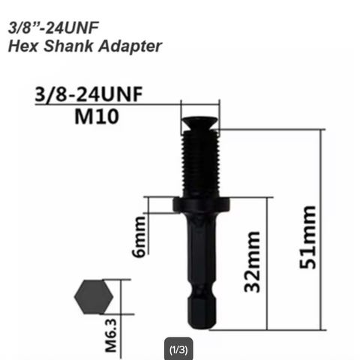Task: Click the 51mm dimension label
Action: (x=308, y=237)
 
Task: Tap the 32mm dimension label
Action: (x=252, y=262)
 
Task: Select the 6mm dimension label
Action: (x=139, y=237)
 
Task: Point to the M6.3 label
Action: (x=111, y=335)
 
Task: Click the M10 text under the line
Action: (x=97, y=116)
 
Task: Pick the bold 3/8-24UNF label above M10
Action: (x=88, y=94)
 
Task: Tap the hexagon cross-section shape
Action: (x=94, y=297)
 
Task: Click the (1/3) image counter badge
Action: (x=178, y=349)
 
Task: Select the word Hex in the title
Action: (x=23, y=46)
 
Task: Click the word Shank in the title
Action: (x=68, y=46)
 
